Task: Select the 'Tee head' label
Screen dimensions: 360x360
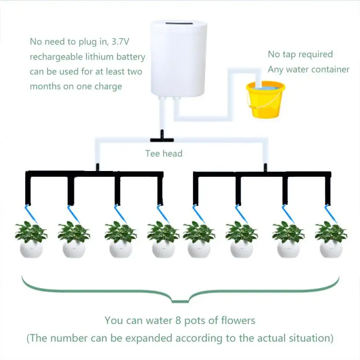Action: (x=164, y=153)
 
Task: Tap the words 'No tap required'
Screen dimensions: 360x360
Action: (x=300, y=54)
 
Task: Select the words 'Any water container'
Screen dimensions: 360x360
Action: (x=308, y=69)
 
